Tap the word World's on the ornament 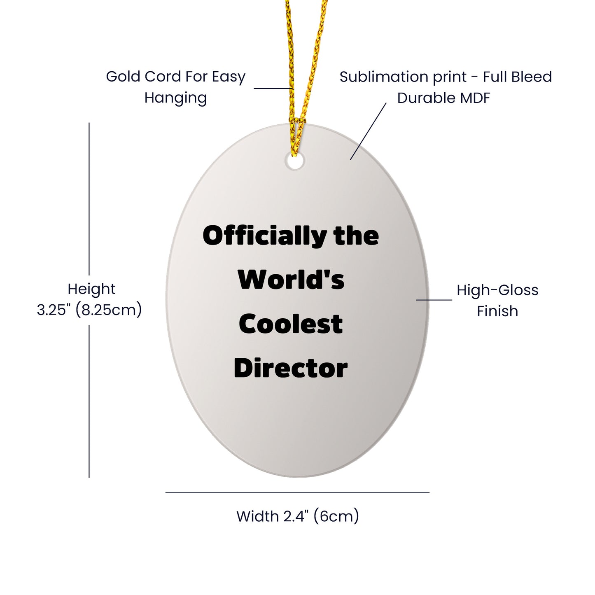pos(291,279)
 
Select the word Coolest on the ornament pos(291,324)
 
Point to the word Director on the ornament pos(291,368)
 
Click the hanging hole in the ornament pos(294,161)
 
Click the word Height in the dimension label pos(91,289)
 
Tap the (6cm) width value pos(336,516)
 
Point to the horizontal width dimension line pos(297,493)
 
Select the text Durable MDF pos(444,98)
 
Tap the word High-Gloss pos(497,290)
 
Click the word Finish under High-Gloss pos(497,311)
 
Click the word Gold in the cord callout pos(123,77)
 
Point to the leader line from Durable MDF pos(368,131)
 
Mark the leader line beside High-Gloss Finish pos(434,299)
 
